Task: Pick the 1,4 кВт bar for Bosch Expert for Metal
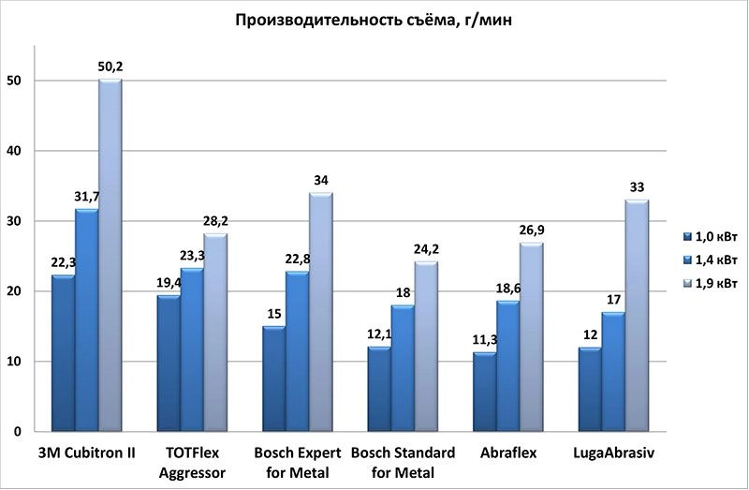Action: [x=297, y=351]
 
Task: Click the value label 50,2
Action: [x=110, y=66]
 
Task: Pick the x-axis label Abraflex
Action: [x=509, y=453]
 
